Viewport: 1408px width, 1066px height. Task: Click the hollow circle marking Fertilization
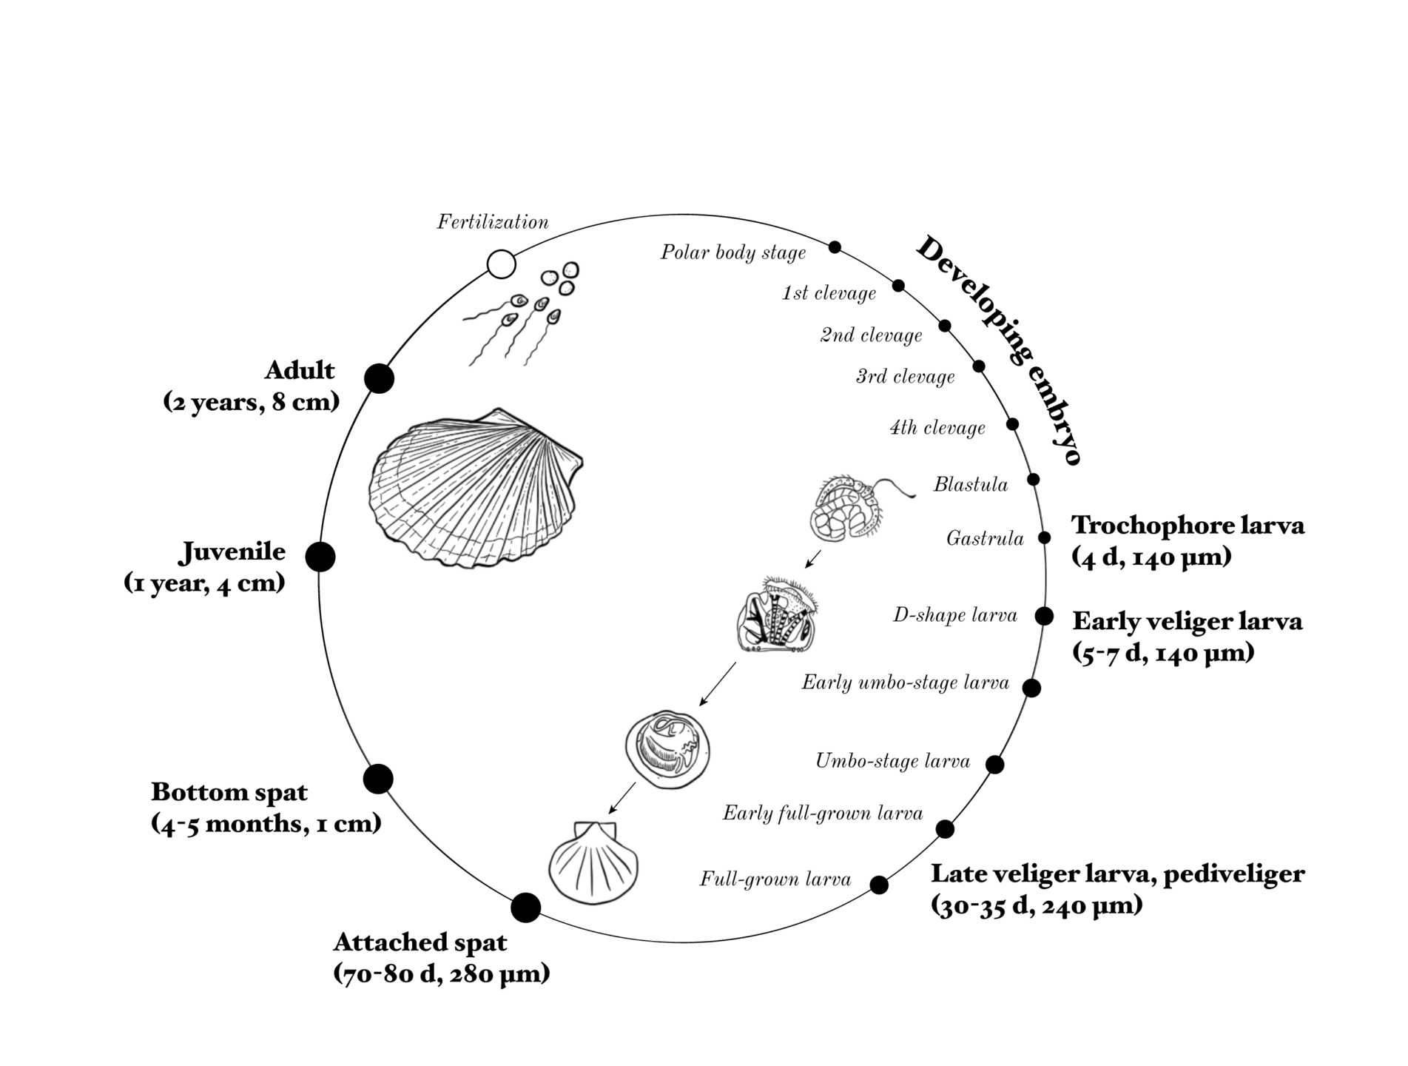[x=502, y=264]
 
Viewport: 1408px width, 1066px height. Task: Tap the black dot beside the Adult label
[x=380, y=378]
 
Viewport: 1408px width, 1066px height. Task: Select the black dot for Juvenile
[x=320, y=557]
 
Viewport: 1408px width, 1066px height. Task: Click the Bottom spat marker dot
[x=378, y=779]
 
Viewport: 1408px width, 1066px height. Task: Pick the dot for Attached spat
[x=526, y=908]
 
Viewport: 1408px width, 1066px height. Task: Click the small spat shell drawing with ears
[x=593, y=862]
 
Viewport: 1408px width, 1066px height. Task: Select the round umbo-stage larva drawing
[x=668, y=749]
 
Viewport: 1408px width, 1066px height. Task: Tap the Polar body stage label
[x=732, y=253]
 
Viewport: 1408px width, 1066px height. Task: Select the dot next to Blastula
[x=1034, y=480]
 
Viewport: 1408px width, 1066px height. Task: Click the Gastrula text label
[x=985, y=539]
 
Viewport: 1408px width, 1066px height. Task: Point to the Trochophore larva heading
[x=1188, y=525]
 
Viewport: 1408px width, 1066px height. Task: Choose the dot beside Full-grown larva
[x=879, y=885]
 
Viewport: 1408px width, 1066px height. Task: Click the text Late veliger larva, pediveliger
[x=1117, y=874]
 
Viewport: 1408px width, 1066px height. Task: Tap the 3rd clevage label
[x=905, y=377]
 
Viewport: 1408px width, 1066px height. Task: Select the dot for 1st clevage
[x=898, y=286]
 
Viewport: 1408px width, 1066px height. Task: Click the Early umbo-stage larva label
[x=905, y=683]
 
